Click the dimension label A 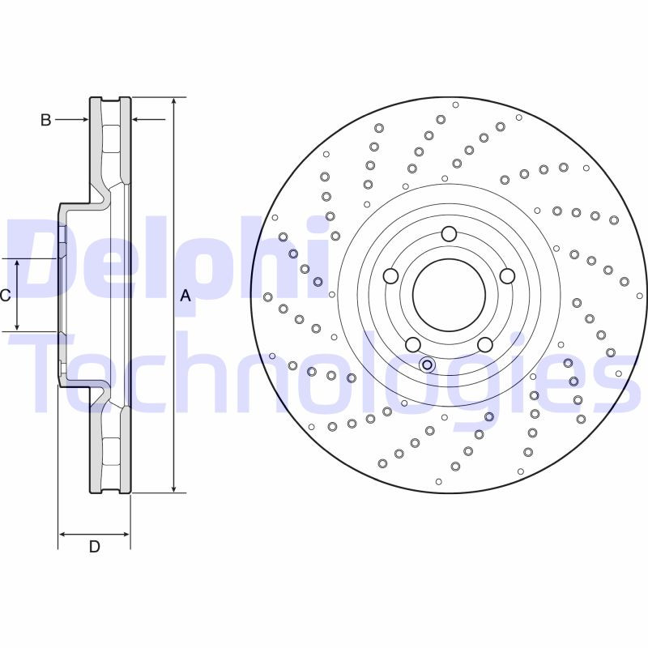coord(185,296)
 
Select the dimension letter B coord(46,120)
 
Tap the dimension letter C coord(5,296)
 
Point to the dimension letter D coord(94,548)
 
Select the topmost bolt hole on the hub coord(449,234)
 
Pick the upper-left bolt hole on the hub coord(390,276)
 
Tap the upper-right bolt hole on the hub coord(507,276)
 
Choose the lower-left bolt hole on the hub coord(412,344)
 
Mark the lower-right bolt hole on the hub coord(484,344)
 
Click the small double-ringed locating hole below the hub coord(427,364)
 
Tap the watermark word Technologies coord(324,369)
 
